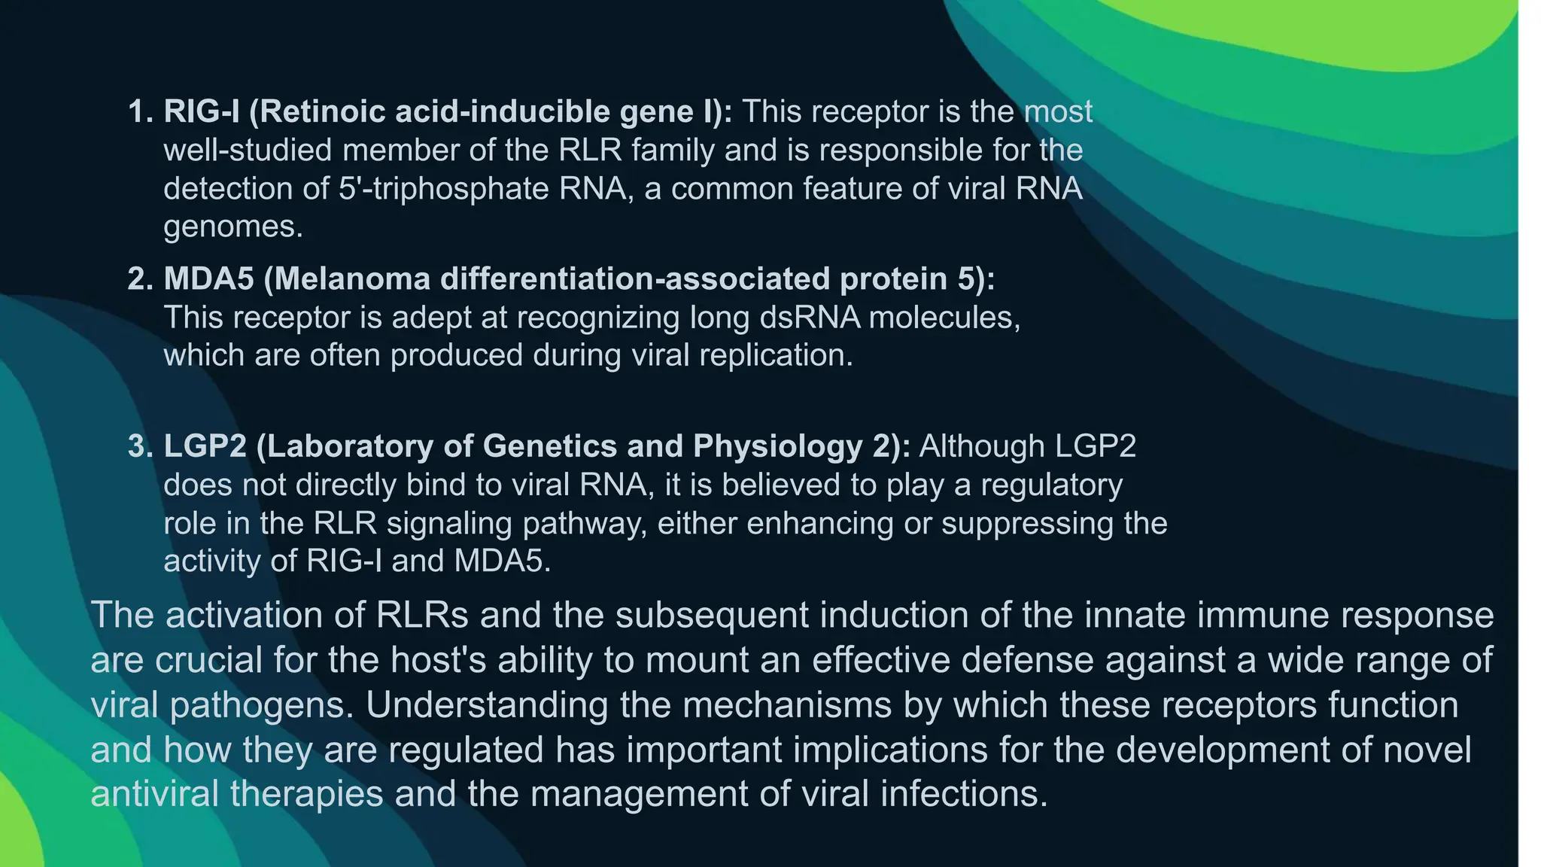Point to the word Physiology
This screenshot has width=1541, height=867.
click(x=778, y=446)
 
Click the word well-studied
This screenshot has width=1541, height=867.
click(x=248, y=151)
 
